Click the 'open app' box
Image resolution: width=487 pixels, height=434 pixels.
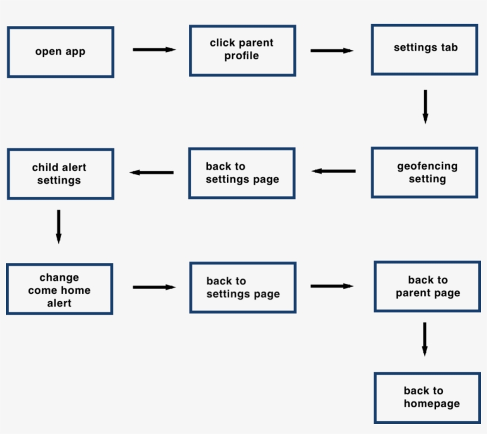pos(60,52)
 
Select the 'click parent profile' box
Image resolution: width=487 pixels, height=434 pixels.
pos(242,50)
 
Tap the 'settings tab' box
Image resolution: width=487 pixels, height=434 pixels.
pos(425,49)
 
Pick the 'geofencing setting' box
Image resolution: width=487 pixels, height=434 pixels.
pos(425,173)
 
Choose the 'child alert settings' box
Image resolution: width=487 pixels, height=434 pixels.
pos(60,174)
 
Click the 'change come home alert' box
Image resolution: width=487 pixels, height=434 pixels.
pos(59,290)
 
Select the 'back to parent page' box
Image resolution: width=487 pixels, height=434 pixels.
pos(427,287)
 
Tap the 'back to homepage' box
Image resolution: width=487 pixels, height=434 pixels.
pos(427,398)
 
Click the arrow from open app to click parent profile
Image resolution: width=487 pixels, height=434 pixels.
pos(154,50)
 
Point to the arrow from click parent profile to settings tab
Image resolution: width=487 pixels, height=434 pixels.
pos(331,51)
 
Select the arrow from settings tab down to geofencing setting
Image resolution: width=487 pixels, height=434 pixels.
pos(425,106)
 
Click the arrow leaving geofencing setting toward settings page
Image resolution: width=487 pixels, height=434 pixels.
pos(334,171)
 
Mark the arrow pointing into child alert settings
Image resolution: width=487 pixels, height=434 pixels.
pos(151,173)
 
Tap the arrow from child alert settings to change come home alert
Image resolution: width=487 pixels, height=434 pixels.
pos(58,226)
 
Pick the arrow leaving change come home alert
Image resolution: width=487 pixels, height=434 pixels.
pos(154,287)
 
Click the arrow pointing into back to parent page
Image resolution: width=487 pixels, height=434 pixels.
pos(331,286)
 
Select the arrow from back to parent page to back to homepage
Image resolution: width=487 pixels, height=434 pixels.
pos(425,339)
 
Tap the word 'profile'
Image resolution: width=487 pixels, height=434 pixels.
pos(242,56)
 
